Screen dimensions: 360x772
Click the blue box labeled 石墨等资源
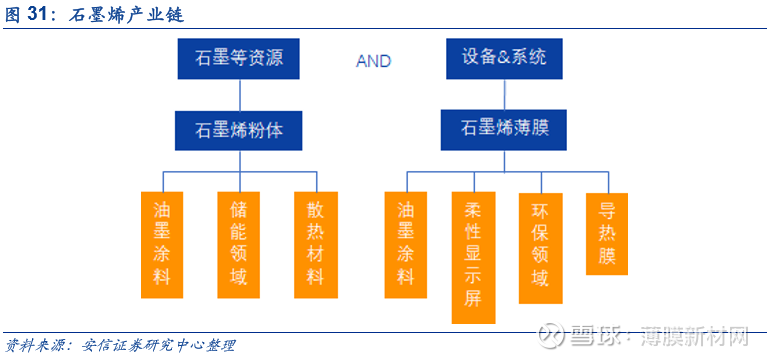[x=240, y=59]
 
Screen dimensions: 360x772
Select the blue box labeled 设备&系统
[x=504, y=58]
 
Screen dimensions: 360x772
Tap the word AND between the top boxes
[x=373, y=61]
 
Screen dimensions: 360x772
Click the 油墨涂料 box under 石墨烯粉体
[x=162, y=244]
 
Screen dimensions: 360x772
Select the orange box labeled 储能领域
[x=238, y=244]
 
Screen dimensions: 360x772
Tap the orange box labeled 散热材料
[x=315, y=244]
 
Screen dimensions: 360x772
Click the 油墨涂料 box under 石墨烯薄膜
[x=406, y=244]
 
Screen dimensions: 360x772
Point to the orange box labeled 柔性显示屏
[x=473, y=257]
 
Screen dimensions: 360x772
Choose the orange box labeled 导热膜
[x=606, y=233]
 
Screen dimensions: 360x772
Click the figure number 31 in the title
[x=41, y=15]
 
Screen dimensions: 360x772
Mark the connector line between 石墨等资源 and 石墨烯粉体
[x=240, y=94]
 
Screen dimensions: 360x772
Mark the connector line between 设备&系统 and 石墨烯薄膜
[x=504, y=94]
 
